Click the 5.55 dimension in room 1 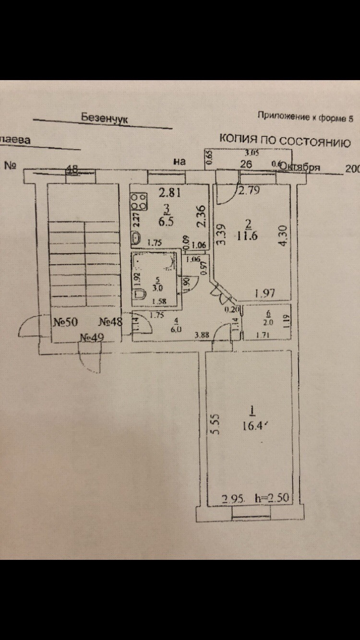216,424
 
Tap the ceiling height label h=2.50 272,498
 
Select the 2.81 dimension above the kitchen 169,193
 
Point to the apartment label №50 65,322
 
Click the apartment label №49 91,338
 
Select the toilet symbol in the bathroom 140,294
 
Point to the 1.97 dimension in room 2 264,293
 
